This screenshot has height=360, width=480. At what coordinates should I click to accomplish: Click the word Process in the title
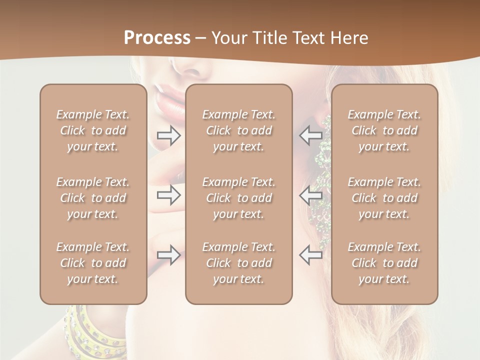pos(157,38)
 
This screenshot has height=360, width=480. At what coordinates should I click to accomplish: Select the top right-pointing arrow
pos(168,134)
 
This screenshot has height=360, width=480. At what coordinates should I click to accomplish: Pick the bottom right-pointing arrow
pos(168,255)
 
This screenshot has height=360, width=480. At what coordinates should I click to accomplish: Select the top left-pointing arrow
pos(310,134)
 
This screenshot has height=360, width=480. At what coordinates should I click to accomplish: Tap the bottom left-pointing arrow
pos(310,255)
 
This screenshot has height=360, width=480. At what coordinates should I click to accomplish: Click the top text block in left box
pos(93,130)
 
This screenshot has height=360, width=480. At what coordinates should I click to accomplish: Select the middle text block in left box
pos(93,198)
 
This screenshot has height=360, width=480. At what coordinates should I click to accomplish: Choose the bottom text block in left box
pos(93,263)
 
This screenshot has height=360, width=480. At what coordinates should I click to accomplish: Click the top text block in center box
pos(239,130)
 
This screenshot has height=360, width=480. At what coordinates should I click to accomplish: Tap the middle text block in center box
pos(239,198)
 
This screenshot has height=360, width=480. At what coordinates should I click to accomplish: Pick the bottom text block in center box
pos(239,263)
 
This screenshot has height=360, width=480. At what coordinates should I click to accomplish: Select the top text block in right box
pos(384,130)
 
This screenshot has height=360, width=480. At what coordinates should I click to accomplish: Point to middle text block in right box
pos(384,198)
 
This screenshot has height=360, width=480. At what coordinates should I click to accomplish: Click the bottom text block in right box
pos(384,263)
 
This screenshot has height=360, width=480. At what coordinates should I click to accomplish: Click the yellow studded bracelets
pos(95,330)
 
